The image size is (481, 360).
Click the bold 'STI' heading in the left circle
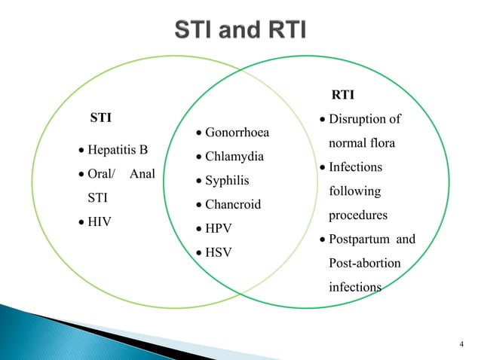click(x=101, y=118)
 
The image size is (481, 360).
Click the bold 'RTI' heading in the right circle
click(x=344, y=95)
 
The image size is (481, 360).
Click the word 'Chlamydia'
click(x=234, y=157)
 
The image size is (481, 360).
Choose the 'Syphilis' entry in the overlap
click(x=227, y=182)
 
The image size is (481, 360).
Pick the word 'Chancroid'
click(x=233, y=205)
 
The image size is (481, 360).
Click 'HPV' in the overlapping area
click(x=219, y=228)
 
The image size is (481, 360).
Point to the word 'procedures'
click(x=358, y=215)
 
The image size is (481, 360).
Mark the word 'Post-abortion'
click(x=365, y=264)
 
